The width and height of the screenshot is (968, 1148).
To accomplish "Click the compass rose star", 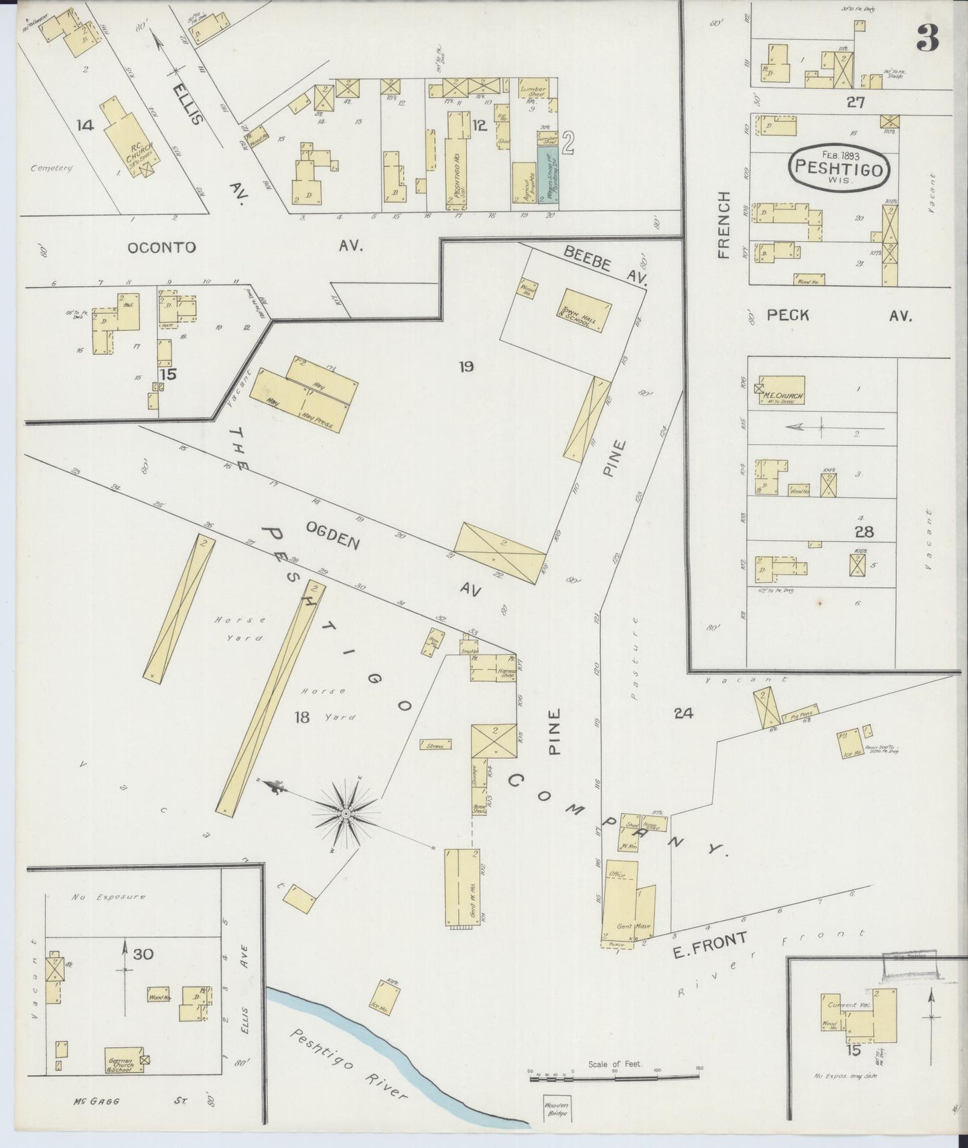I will (x=346, y=813).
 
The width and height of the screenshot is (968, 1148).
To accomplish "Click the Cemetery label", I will (x=52, y=168).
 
